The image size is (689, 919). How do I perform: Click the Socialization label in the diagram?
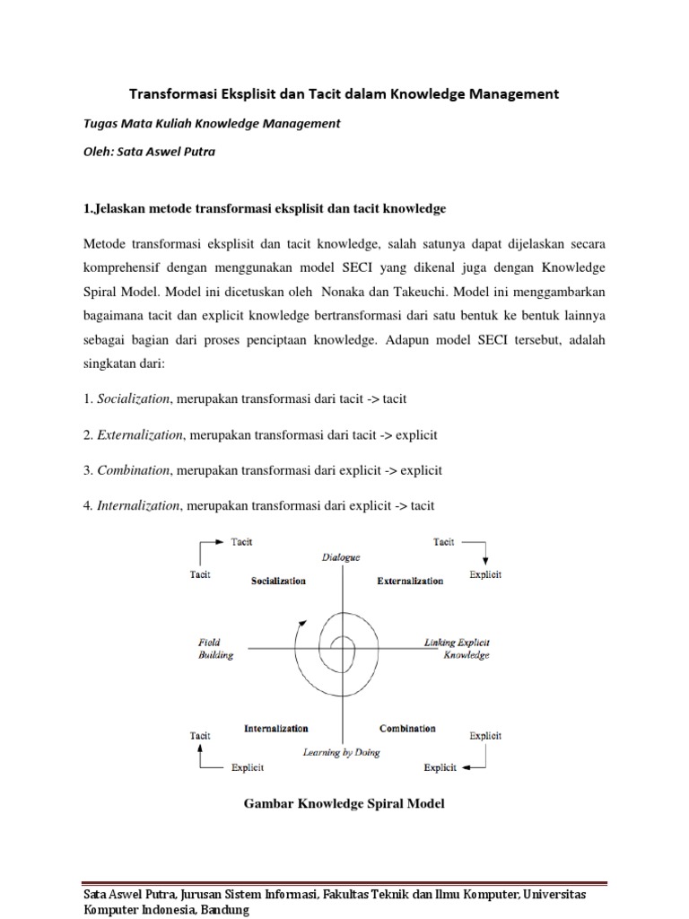[277, 581]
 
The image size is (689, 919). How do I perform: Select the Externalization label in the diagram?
[410, 581]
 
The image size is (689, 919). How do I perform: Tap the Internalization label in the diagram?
[275, 729]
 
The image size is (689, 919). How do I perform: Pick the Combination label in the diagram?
[407, 729]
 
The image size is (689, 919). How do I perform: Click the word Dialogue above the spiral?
[341, 557]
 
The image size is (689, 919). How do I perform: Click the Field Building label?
[215, 649]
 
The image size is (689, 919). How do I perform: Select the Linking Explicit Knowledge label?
[458, 649]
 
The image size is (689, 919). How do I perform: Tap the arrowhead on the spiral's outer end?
[307, 620]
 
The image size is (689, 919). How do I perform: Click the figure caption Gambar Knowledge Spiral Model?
[344, 803]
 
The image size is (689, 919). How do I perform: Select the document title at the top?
[345, 93]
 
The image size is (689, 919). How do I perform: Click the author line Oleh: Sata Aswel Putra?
[149, 152]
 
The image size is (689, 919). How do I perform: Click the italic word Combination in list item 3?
[133, 470]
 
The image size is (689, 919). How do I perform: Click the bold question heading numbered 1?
[264, 209]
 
